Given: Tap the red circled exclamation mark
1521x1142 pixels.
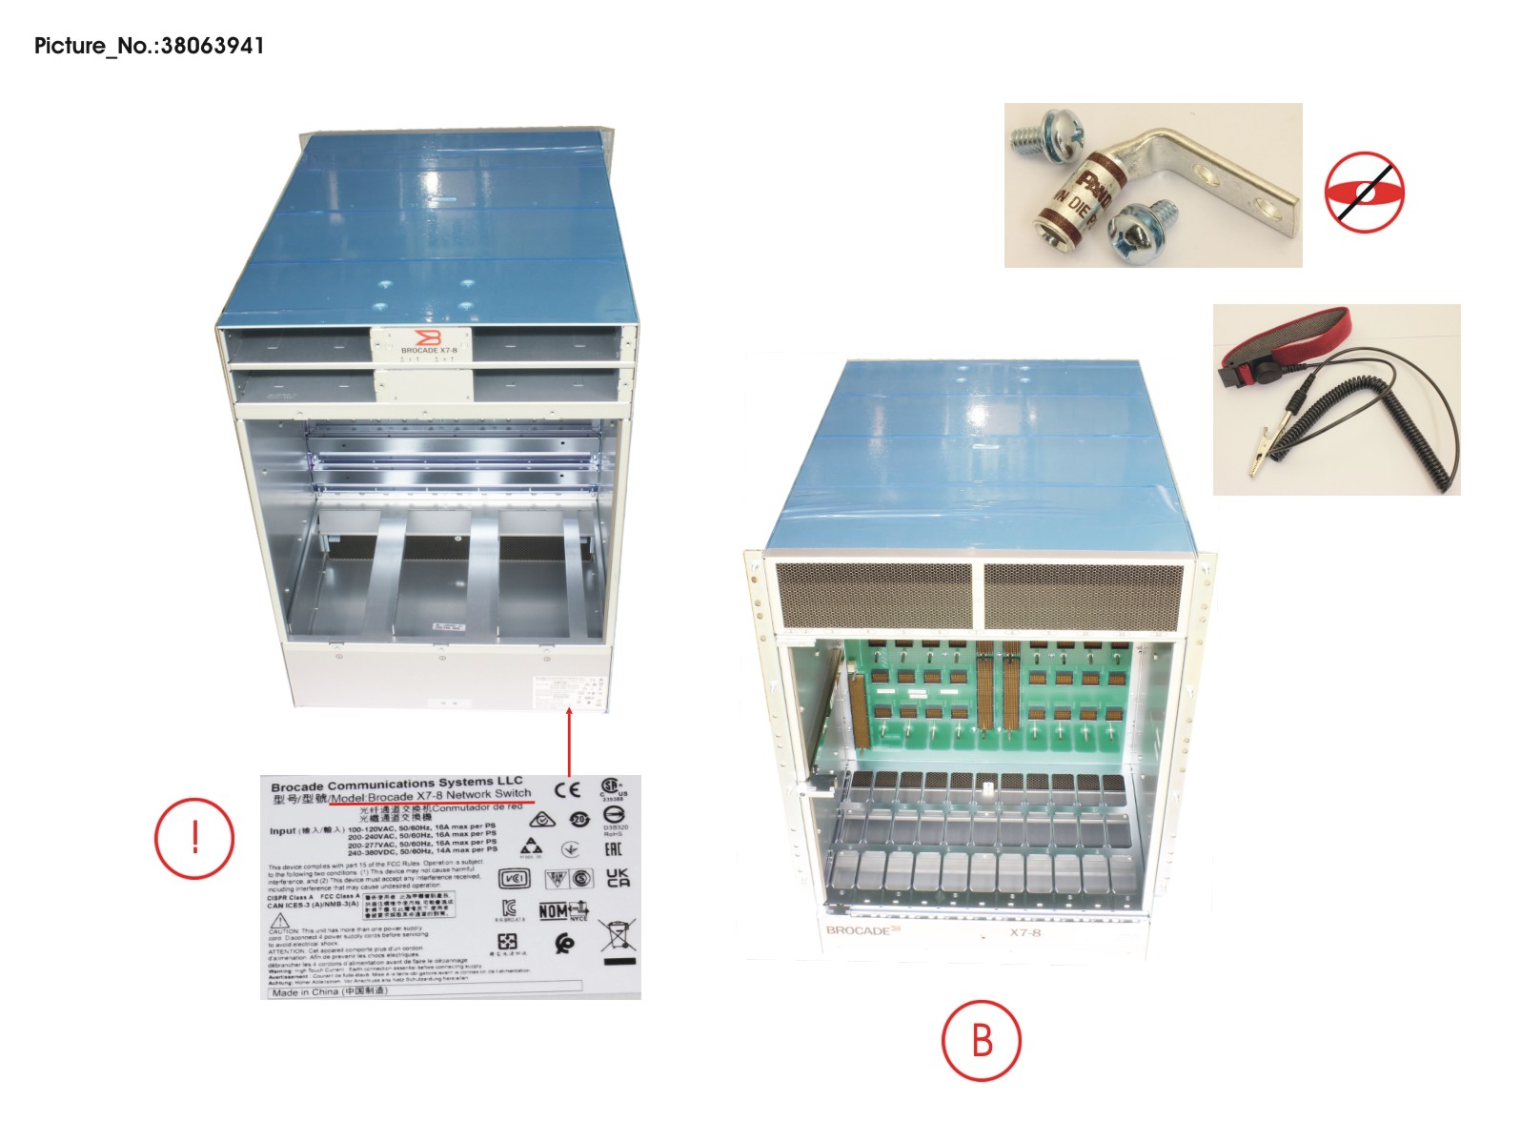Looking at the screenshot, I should (x=194, y=838).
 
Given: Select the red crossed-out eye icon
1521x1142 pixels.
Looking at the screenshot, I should (x=1364, y=191).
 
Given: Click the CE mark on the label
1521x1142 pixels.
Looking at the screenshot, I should (x=567, y=790).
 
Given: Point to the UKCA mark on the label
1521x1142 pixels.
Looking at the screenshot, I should (x=618, y=878).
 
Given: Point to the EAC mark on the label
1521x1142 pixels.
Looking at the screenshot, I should (x=614, y=849).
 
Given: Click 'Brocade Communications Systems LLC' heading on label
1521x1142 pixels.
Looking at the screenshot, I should (x=396, y=785).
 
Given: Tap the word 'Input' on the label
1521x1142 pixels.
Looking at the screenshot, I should (x=282, y=831).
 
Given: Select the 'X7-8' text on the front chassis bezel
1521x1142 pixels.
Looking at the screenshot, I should (x=1025, y=932).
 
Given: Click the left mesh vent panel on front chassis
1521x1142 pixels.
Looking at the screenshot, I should (x=874, y=596).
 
